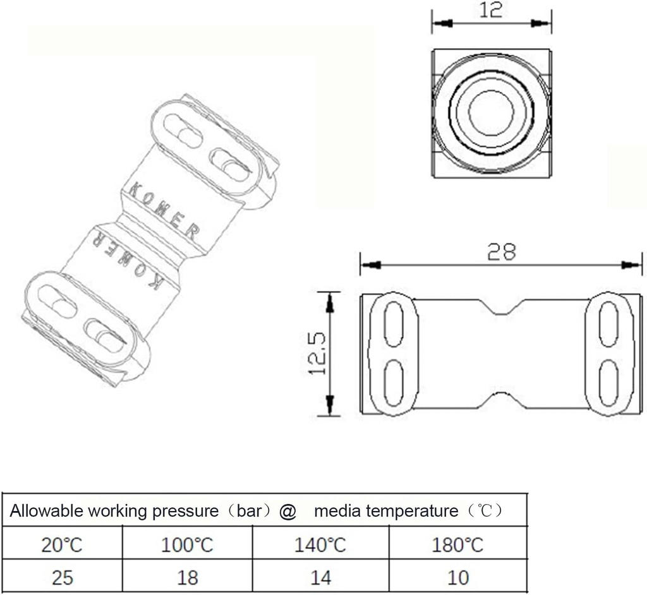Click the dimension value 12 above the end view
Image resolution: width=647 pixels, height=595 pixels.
pos(491,11)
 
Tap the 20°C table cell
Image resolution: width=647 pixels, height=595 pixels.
pos(62,544)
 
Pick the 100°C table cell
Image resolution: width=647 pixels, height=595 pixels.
pos(188,544)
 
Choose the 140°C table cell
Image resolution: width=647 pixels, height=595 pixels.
pos(320,544)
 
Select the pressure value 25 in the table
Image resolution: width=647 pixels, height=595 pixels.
pos(62,577)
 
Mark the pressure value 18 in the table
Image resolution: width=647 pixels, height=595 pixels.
pos(188,577)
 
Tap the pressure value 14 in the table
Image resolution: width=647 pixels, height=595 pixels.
pos(320,577)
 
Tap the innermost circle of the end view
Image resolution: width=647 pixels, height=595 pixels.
pos(491,112)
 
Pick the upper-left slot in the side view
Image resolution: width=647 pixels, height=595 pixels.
pos(392,324)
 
